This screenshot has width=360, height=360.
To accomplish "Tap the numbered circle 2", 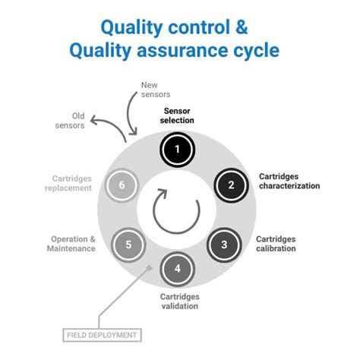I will click(231, 185).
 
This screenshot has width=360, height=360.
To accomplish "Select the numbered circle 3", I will click(223, 245).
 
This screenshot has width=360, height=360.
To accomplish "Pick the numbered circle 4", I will click(177, 269).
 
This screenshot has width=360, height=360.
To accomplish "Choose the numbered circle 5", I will click(128, 245).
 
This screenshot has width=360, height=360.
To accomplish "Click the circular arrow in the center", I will click(176, 210).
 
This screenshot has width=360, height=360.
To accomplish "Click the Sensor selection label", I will click(178, 115).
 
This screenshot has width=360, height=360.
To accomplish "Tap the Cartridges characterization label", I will click(289, 181).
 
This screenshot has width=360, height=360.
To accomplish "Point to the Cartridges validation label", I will click(179, 301).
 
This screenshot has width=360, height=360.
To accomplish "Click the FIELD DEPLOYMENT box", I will click(101, 334).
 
